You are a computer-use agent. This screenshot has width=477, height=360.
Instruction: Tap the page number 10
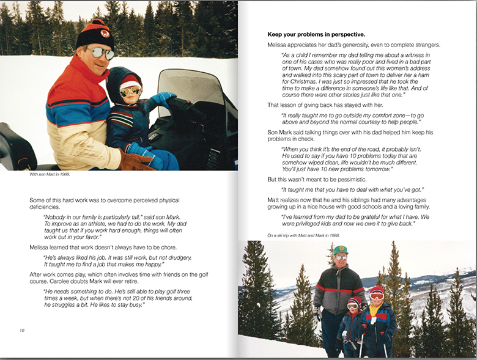click(x=22, y=331)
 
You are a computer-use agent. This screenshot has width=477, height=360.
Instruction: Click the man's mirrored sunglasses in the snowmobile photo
click(x=102, y=53)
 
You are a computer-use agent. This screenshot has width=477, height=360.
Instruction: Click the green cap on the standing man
click(x=341, y=250)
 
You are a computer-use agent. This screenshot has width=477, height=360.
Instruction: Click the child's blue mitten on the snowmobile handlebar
click(x=163, y=99)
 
